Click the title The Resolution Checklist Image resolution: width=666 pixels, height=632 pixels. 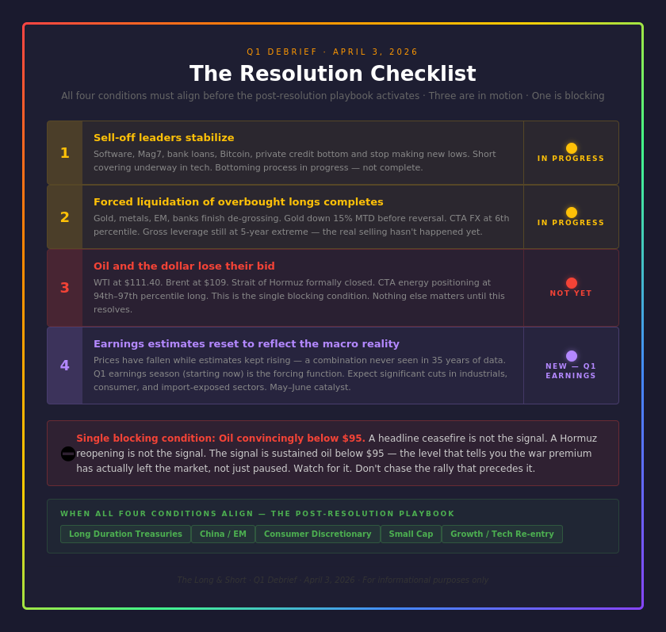[332, 74]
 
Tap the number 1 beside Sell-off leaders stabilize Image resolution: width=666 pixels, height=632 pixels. [65, 153]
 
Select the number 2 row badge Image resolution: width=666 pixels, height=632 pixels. [65, 217]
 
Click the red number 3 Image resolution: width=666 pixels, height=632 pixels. [65, 288]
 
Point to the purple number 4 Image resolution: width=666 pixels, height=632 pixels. [65, 366]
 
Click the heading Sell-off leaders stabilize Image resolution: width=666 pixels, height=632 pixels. [163, 138]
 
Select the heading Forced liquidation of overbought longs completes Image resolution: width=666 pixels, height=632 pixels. [238, 202]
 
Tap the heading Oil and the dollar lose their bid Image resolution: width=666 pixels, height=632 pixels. [184, 266]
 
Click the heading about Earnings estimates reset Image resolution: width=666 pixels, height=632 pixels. [246, 344]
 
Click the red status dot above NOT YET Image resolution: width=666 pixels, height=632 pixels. [572, 283]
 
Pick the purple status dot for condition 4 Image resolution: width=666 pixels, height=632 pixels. [572, 356]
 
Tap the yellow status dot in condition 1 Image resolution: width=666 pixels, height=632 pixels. [572, 148]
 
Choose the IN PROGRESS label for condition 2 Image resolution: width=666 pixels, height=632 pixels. [571, 223]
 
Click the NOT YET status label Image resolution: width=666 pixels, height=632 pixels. [571, 293]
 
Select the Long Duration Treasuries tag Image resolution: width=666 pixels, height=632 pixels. [125, 534]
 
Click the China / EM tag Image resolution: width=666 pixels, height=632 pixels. [223, 534]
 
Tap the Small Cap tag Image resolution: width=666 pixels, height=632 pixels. [411, 534]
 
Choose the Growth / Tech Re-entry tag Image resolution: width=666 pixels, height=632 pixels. [502, 534]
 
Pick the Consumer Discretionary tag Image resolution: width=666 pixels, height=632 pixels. [317, 534]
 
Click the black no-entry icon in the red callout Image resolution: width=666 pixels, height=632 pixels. [68, 454]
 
